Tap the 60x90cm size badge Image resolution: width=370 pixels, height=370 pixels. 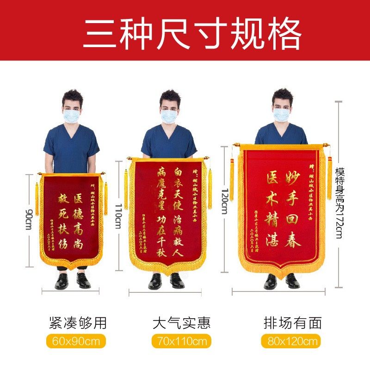tap(76, 341)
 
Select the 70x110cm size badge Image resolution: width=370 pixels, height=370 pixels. tap(181, 341)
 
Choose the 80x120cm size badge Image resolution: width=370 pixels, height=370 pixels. tap(291, 341)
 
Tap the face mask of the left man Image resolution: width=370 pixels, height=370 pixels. tap(72, 115)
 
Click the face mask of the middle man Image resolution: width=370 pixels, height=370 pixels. tap(169, 116)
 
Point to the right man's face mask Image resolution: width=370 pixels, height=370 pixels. tap(281, 114)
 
